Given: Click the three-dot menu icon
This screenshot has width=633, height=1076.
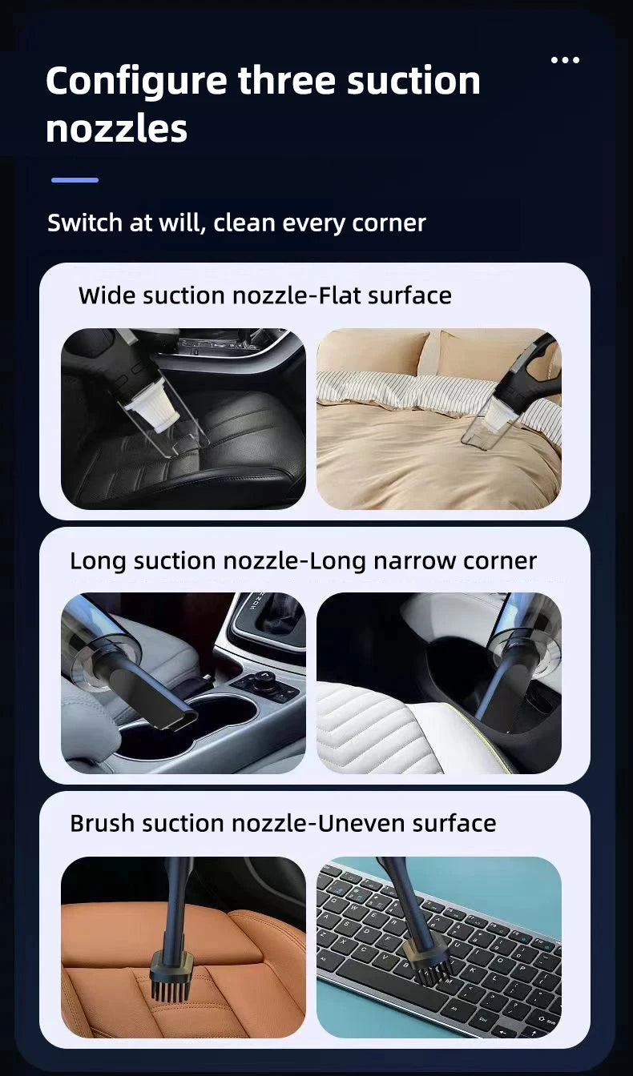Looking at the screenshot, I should click(x=565, y=60).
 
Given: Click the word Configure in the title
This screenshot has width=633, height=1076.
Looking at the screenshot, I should click(x=136, y=82).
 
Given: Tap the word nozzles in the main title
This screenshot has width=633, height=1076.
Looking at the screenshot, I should click(x=116, y=129).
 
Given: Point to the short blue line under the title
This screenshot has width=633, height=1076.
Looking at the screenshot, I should click(x=75, y=180).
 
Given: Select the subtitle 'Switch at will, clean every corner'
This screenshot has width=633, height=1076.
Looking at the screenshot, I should click(x=236, y=223).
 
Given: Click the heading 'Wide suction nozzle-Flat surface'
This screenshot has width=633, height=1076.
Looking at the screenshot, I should click(x=264, y=295).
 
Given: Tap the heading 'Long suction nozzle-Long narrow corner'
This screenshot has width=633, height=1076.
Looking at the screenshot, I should click(x=303, y=560).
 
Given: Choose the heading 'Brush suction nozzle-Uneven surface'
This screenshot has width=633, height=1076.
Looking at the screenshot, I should click(x=283, y=823).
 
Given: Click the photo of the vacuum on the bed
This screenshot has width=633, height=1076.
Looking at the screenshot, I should click(x=438, y=419).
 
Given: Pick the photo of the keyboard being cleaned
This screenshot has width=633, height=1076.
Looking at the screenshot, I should click(x=438, y=947).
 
